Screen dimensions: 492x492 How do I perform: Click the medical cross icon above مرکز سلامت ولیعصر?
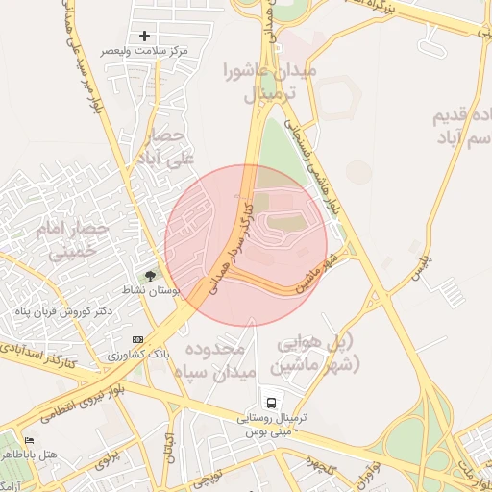[x=145, y=36]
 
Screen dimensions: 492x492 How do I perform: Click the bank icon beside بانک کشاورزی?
[x=138, y=339]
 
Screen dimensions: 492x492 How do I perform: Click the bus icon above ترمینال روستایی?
[x=272, y=403]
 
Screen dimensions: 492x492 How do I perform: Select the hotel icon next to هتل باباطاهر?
[x=30, y=440]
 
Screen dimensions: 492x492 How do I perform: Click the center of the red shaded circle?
[x=246, y=246]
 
